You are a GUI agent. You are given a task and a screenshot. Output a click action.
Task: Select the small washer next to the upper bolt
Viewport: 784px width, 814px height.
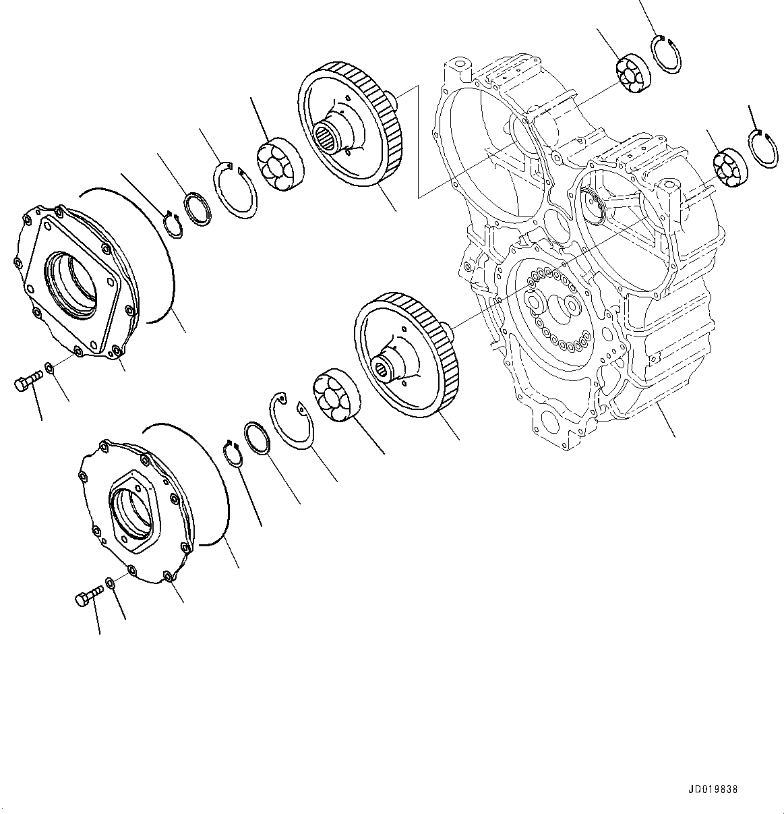pos(50,369)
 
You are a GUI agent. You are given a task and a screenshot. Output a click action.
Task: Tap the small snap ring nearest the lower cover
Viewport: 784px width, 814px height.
pos(234,454)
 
